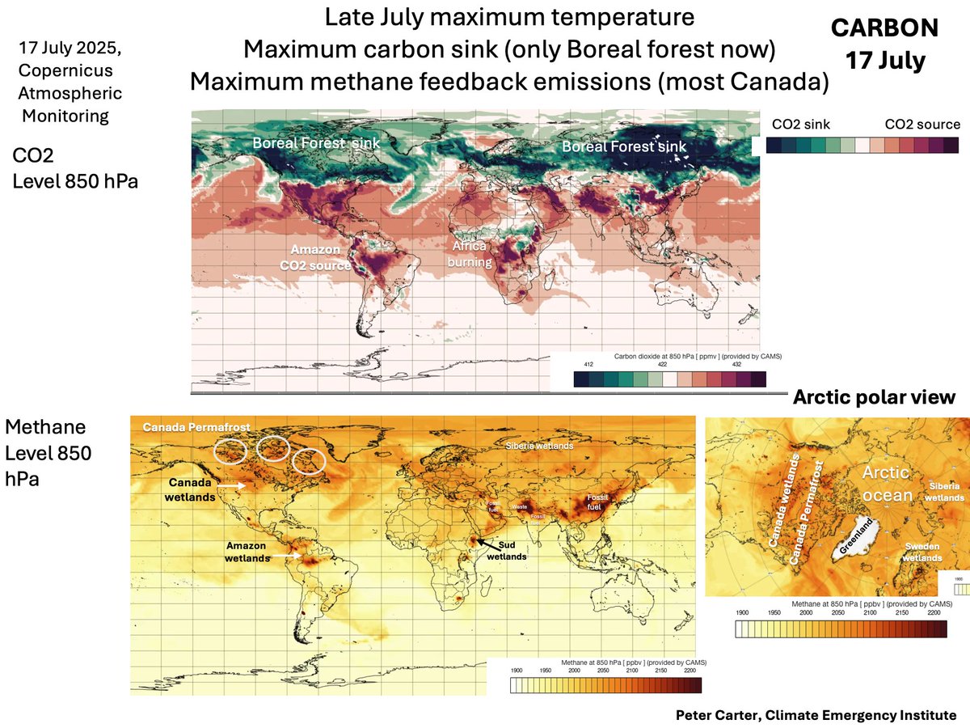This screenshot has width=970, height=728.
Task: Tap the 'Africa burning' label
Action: coord(471,256)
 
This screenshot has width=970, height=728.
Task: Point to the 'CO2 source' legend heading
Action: coord(922,124)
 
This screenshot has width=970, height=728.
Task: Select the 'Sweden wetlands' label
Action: coord(921,552)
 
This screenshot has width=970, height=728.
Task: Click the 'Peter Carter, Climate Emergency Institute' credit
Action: coord(816,715)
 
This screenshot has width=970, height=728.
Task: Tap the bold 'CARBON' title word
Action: coord(884,29)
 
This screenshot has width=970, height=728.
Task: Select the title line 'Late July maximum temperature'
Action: coord(508,16)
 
